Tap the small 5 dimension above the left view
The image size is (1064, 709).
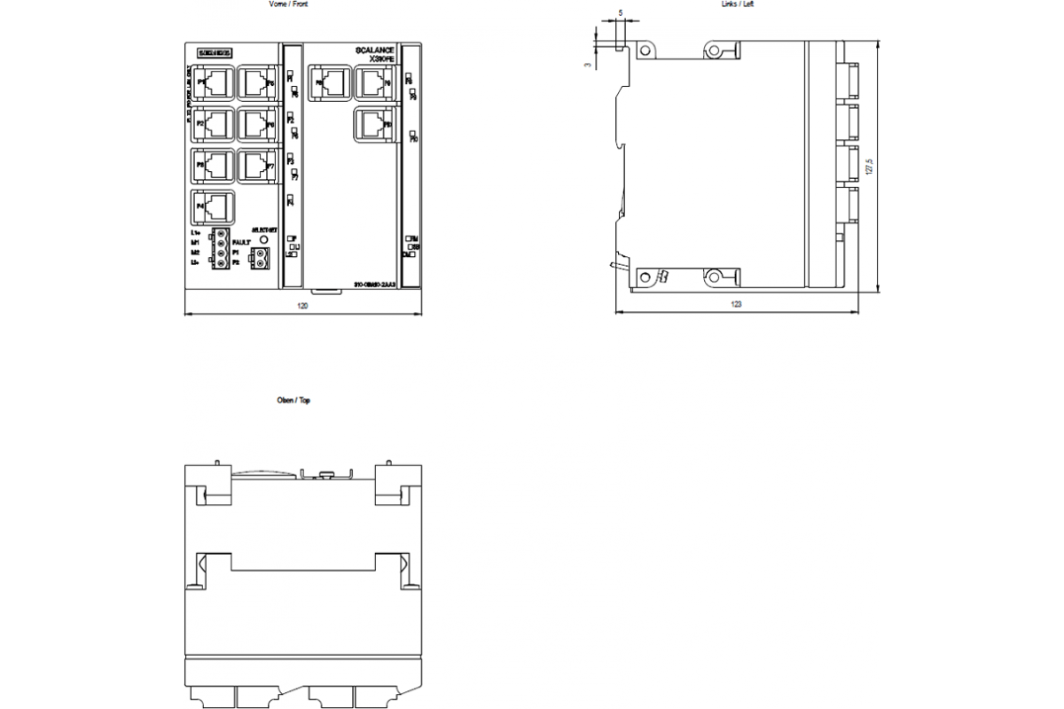tap(620, 13)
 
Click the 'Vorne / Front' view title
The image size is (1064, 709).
tap(289, 4)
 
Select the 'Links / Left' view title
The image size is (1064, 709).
tap(738, 4)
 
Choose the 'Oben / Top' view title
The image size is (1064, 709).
tap(294, 401)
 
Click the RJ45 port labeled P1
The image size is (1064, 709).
tap(214, 83)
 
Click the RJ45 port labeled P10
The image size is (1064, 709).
tap(372, 124)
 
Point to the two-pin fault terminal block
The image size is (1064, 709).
tap(261, 258)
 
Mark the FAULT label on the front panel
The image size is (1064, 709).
tap(241, 242)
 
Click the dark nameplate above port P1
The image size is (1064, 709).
tap(214, 53)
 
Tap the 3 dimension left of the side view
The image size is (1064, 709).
tap(588, 64)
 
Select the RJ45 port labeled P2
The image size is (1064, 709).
tap(214, 124)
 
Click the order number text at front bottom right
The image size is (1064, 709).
tap(374, 284)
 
